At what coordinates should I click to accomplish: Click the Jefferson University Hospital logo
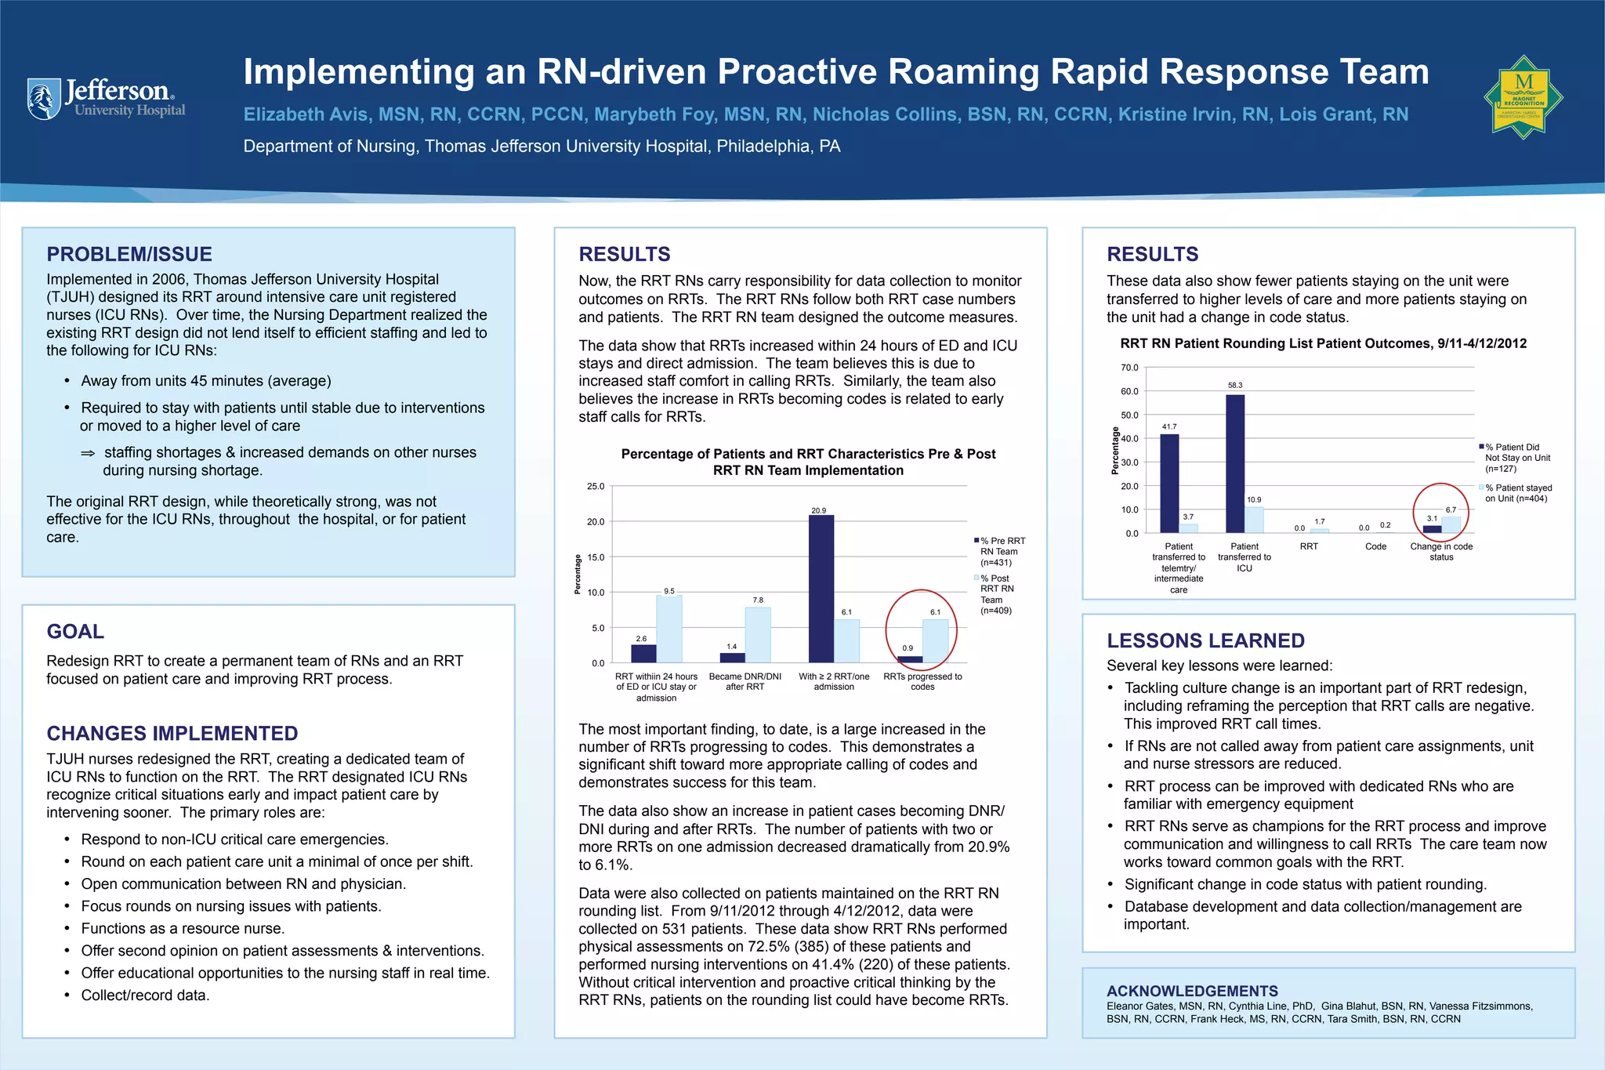(x=107, y=99)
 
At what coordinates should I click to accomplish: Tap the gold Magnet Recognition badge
(x=1523, y=97)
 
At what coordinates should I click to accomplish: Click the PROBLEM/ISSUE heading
(x=129, y=254)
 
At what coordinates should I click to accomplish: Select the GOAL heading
(x=75, y=631)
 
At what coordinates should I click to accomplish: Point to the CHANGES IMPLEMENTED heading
(x=172, y=733)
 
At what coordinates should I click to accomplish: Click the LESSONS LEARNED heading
(x=1205, y=640)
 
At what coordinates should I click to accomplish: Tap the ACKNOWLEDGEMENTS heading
(x=1192, y=991)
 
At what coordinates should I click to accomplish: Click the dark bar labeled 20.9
(x=821, y=588)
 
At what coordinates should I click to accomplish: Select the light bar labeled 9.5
(x=669, y=629)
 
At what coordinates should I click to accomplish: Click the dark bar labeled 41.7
(x=1169, y=483)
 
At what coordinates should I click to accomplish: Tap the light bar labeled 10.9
(x=1254, y=520)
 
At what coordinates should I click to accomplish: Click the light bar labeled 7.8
(x=758, y=635)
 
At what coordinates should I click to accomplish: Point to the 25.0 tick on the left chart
(x=596, y=487)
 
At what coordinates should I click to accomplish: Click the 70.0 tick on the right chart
(x=1129, y=368)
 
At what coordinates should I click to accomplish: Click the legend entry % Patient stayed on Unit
(x=1518, y=493)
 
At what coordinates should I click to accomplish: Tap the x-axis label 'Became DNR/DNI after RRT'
(x=745, y=681)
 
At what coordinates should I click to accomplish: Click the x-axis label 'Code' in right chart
(x=1375, y=546)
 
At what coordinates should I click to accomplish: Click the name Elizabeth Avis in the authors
(x=306, y=114)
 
